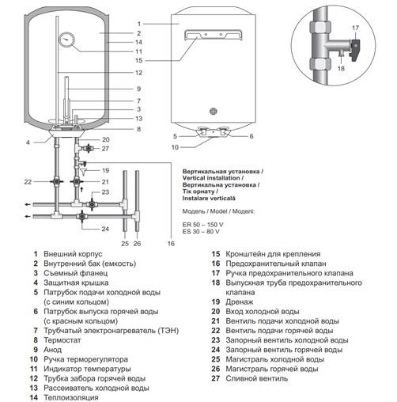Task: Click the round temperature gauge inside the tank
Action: click(66, 40)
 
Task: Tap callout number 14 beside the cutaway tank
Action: click(138, 42)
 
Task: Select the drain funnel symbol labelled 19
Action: click(84, 172)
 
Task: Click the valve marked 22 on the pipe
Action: click(57, 182)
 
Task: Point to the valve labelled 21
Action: click(77, 182)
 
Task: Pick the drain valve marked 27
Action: click(88, 149)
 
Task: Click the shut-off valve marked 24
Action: click(81, 217)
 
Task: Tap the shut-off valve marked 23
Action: click(92, 204)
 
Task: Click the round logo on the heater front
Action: click(214, 112)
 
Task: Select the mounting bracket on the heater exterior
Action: click(213, 35)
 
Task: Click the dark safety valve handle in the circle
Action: click(354, 50)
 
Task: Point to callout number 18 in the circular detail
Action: click(341, 69)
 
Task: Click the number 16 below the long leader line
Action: click(171, 244)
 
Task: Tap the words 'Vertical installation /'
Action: click(213, 178)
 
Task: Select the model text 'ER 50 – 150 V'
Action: click(202, 225)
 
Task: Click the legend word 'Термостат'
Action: click(62, 340)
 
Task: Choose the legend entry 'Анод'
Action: click(53, 350)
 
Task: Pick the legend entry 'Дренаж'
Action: click(240, 302)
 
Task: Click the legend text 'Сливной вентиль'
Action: click(257, 378)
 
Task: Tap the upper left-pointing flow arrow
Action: click(28, 204)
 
